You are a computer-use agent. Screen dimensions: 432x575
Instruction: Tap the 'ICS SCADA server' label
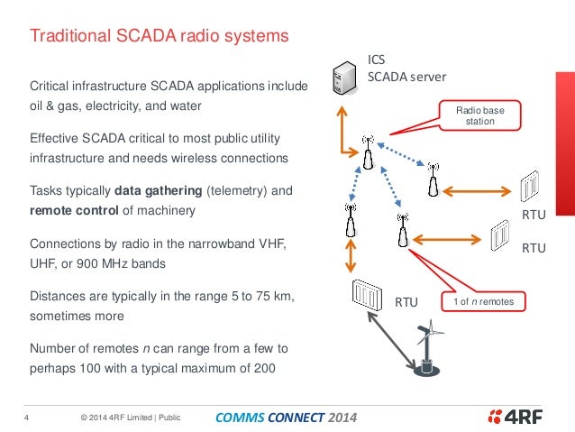[x=406, y=69]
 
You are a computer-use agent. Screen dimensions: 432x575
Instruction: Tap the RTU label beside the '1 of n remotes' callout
[x=407, y=302]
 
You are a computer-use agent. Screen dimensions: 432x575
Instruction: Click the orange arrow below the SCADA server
[x=347, y=130]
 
